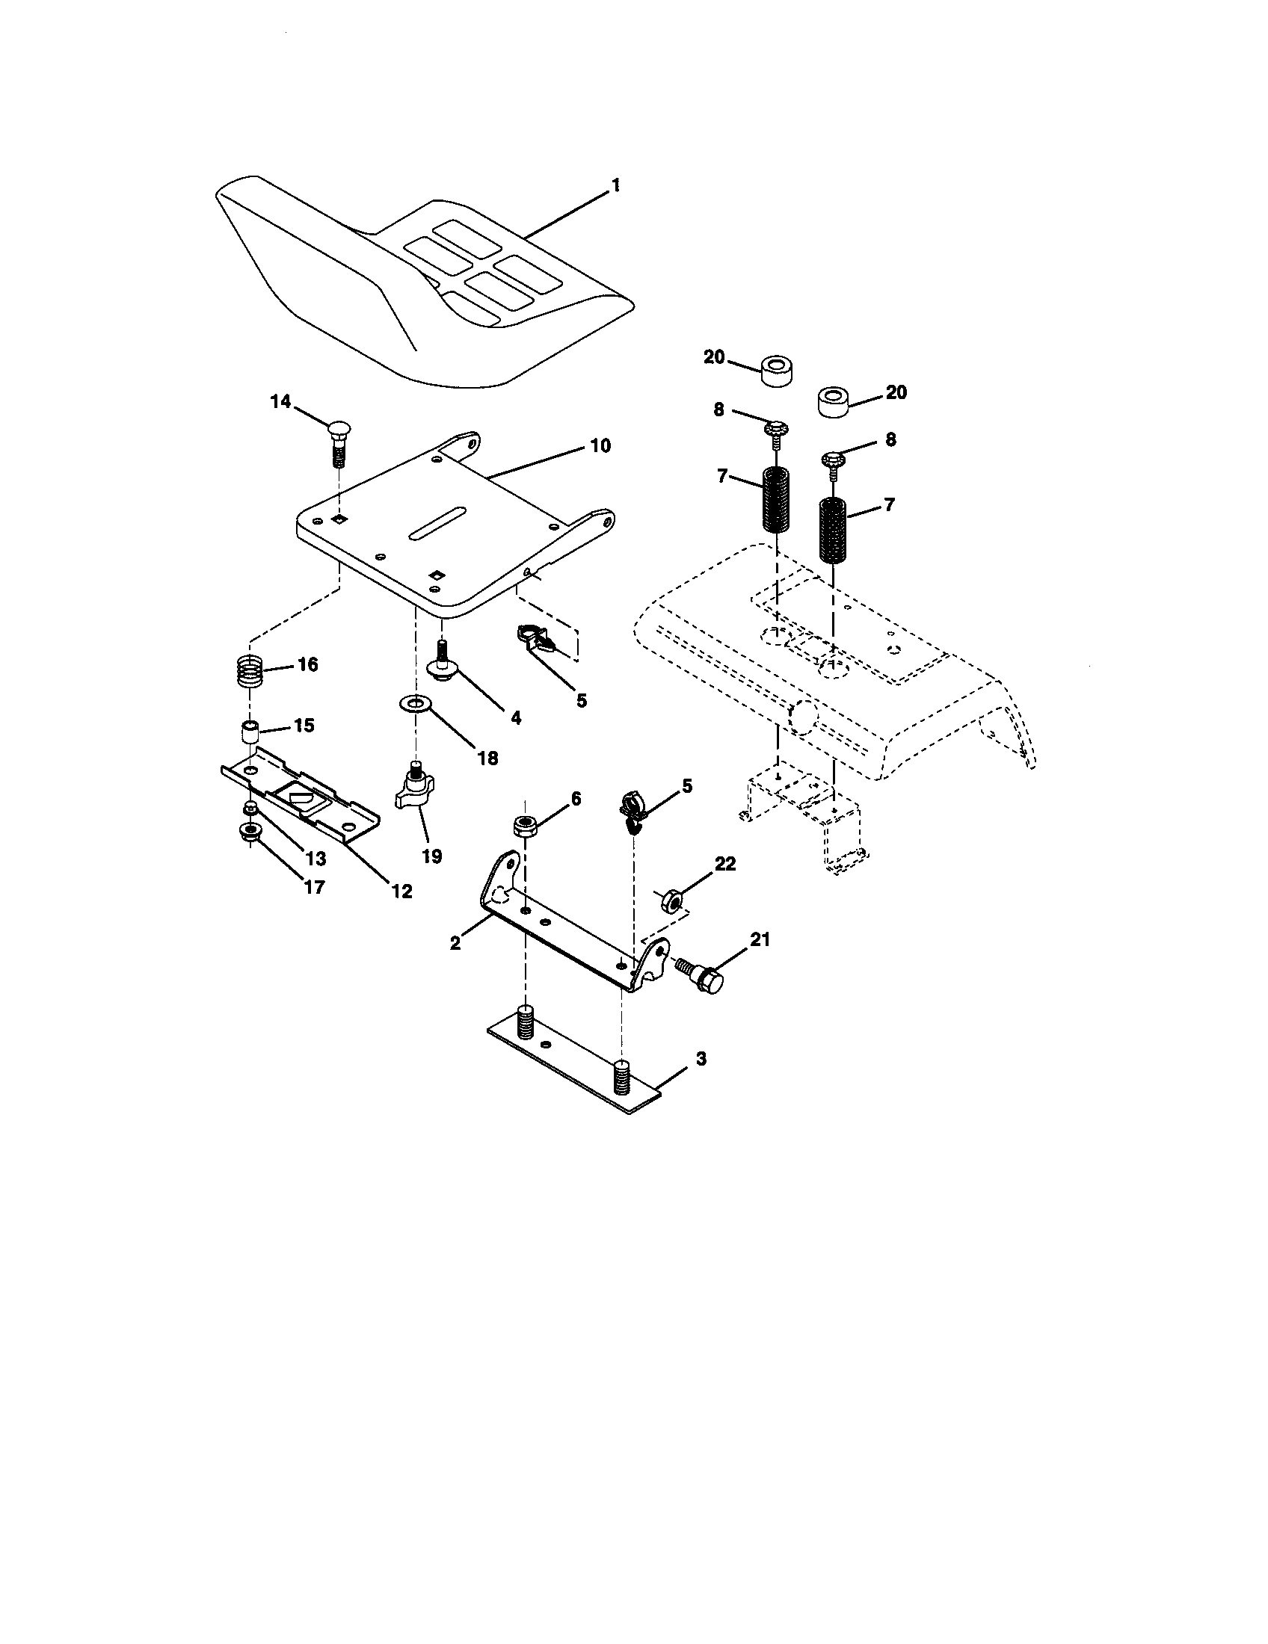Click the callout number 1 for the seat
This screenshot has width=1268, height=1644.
coord(615,185)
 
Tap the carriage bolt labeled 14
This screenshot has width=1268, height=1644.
coord(338,444)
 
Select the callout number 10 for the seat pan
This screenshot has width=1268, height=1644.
coord(600,445)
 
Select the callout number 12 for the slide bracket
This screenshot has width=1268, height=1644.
coord(402,891)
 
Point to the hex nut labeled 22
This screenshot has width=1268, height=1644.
coord(669,900)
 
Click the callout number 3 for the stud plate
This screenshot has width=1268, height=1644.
coord(701,1058)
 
